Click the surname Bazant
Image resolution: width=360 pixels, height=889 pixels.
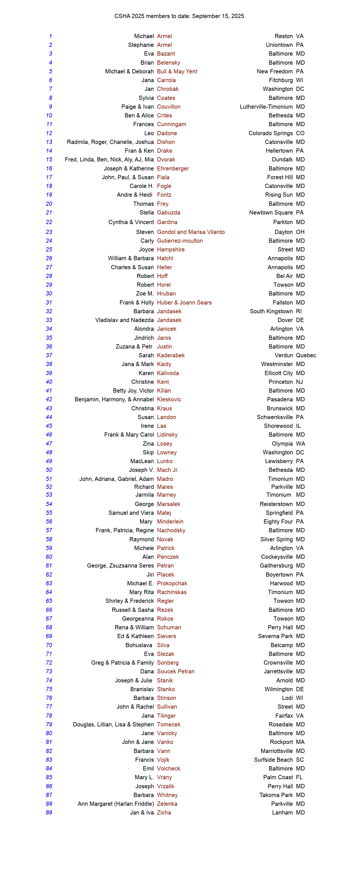click(x=166, y=54)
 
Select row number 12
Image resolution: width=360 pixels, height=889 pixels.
click(x=49, y=133)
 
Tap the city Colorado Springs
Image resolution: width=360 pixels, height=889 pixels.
click(x=270, y=133)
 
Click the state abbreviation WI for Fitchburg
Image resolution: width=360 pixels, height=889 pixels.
click(x=299, y=80)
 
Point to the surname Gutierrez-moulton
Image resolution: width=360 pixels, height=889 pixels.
click(x=180, y=240)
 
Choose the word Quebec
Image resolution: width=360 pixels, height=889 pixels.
click(x=306, y=355)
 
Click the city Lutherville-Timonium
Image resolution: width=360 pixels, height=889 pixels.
click(x=266, y=107)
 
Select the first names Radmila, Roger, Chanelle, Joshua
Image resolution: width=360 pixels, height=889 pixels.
click(x=110, y=142)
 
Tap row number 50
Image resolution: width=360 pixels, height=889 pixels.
click(x=49, y=470)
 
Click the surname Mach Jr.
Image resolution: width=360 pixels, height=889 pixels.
click(x=168, y=470)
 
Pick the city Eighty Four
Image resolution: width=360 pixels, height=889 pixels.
click(x=278, y=522)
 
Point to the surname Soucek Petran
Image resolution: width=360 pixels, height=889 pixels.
click(x=176, y=671)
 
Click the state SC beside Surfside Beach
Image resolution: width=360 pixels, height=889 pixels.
click(x=300, y=759)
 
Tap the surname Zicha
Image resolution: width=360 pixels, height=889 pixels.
click(x=164, y=813)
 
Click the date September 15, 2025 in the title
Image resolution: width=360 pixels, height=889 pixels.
click(x=218, y=16)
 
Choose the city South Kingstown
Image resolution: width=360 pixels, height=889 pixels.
click(x=271, y=311)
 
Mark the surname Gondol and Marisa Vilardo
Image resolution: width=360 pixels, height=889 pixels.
click(x=191, y=232)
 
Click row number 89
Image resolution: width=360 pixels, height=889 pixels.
click(x=49, y=813)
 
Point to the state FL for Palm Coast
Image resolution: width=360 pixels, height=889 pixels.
click(x=299, y=777)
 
